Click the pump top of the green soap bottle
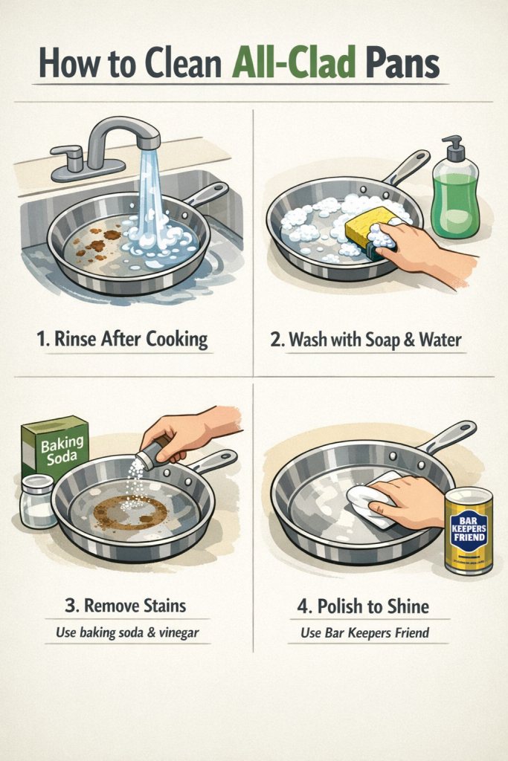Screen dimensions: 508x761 pos(454,148)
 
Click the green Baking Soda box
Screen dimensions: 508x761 pos(55,447)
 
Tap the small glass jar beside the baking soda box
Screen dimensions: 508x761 pos(38,502)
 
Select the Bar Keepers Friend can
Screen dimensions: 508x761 pos(469,531)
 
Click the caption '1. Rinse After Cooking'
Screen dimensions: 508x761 pos(123,339)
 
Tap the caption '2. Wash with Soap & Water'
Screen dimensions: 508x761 pos(365,339)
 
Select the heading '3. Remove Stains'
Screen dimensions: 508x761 pos(125,605)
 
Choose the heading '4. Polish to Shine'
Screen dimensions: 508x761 pos(363,606)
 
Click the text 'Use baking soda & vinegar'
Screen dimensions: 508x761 pos(127,632)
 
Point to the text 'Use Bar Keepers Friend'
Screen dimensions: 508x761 pos(364,632)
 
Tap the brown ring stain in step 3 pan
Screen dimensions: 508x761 pos(129,513)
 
